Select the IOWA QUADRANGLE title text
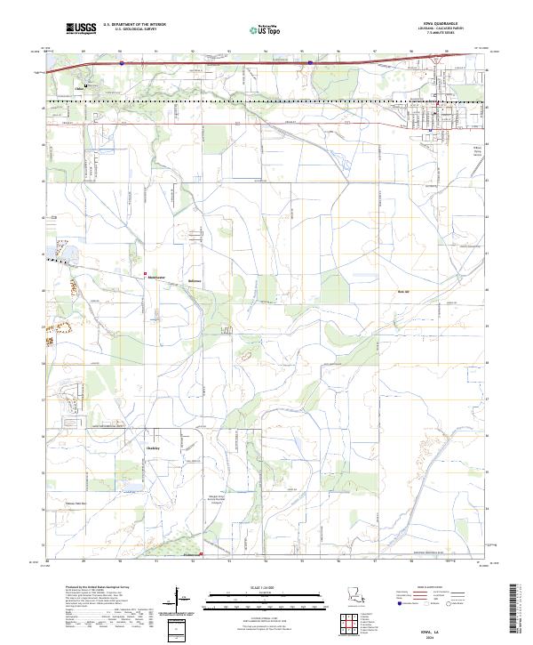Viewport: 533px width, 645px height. point(445,24)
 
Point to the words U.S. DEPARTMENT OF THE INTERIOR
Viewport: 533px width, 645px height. point(134,24)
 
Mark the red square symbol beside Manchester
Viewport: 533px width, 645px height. point(147,273)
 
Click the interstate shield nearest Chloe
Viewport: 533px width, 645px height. point(122,63)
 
